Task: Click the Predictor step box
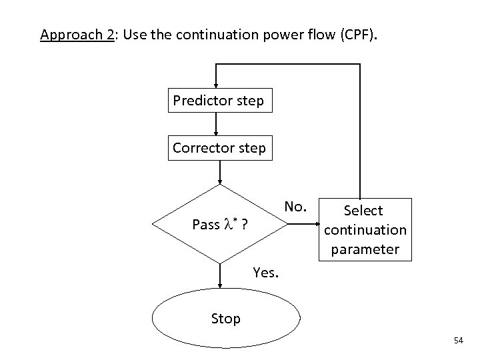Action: pos(218,101)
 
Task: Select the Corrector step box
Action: pos(219,148)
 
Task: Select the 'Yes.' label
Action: pos(267,272)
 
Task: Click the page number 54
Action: pos(458,341)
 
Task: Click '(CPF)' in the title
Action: pos(357,34)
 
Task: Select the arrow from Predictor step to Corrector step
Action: pos(215,124)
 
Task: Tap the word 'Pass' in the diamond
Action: pos(205,225)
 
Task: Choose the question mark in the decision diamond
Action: pos(246,225)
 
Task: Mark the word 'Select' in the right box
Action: pos(363,211)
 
